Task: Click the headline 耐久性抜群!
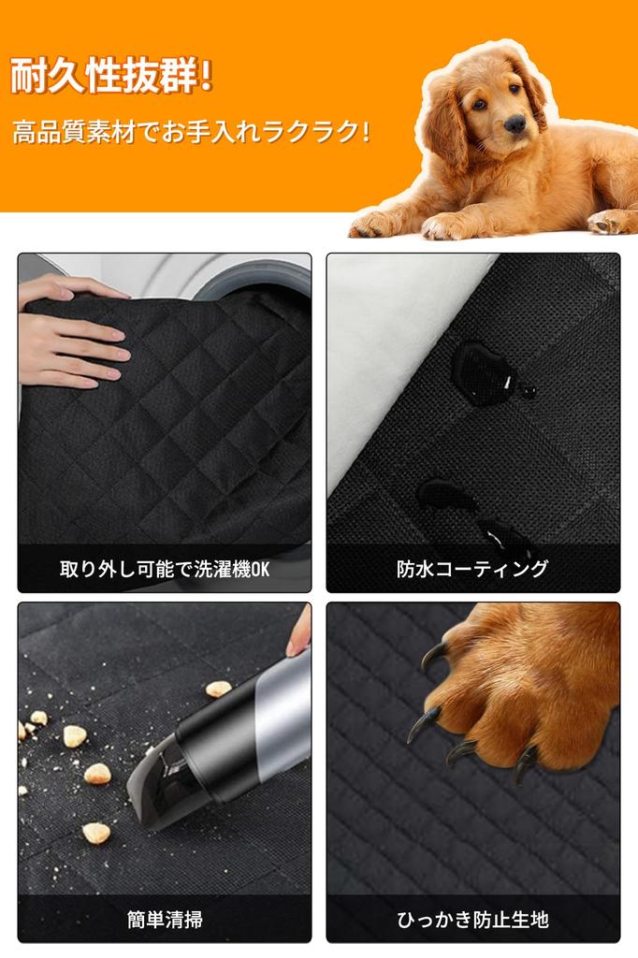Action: (112, 76)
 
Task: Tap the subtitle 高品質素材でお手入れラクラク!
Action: (191, 132)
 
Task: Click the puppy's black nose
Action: (515, 123)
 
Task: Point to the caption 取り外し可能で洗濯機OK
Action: (165, 570)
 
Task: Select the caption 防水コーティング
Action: (472, 569)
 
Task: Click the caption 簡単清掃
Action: (165, 919)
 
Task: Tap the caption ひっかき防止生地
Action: (472, 919)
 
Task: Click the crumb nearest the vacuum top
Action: (218, 689)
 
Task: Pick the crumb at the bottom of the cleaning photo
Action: (96, 833)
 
